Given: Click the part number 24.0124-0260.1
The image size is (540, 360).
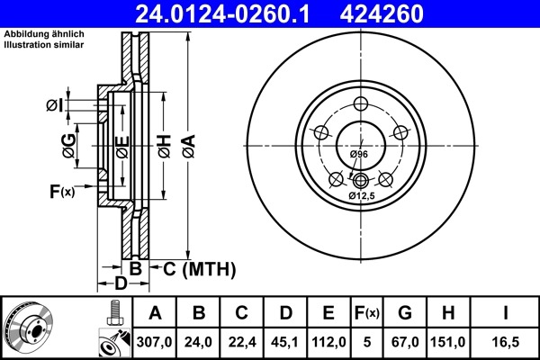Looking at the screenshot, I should pos(229,13).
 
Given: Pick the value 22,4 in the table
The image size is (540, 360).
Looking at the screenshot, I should pos(242,342).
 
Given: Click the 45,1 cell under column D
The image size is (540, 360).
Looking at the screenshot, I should pos(285,342).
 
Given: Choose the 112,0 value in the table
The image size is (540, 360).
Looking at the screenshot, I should pos(328,342).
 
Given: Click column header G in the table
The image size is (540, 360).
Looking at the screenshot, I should pos(404,314).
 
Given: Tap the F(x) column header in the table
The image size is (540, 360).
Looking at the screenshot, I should pos(366,314).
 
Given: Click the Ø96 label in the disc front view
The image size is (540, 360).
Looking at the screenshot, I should pos(358,156).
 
